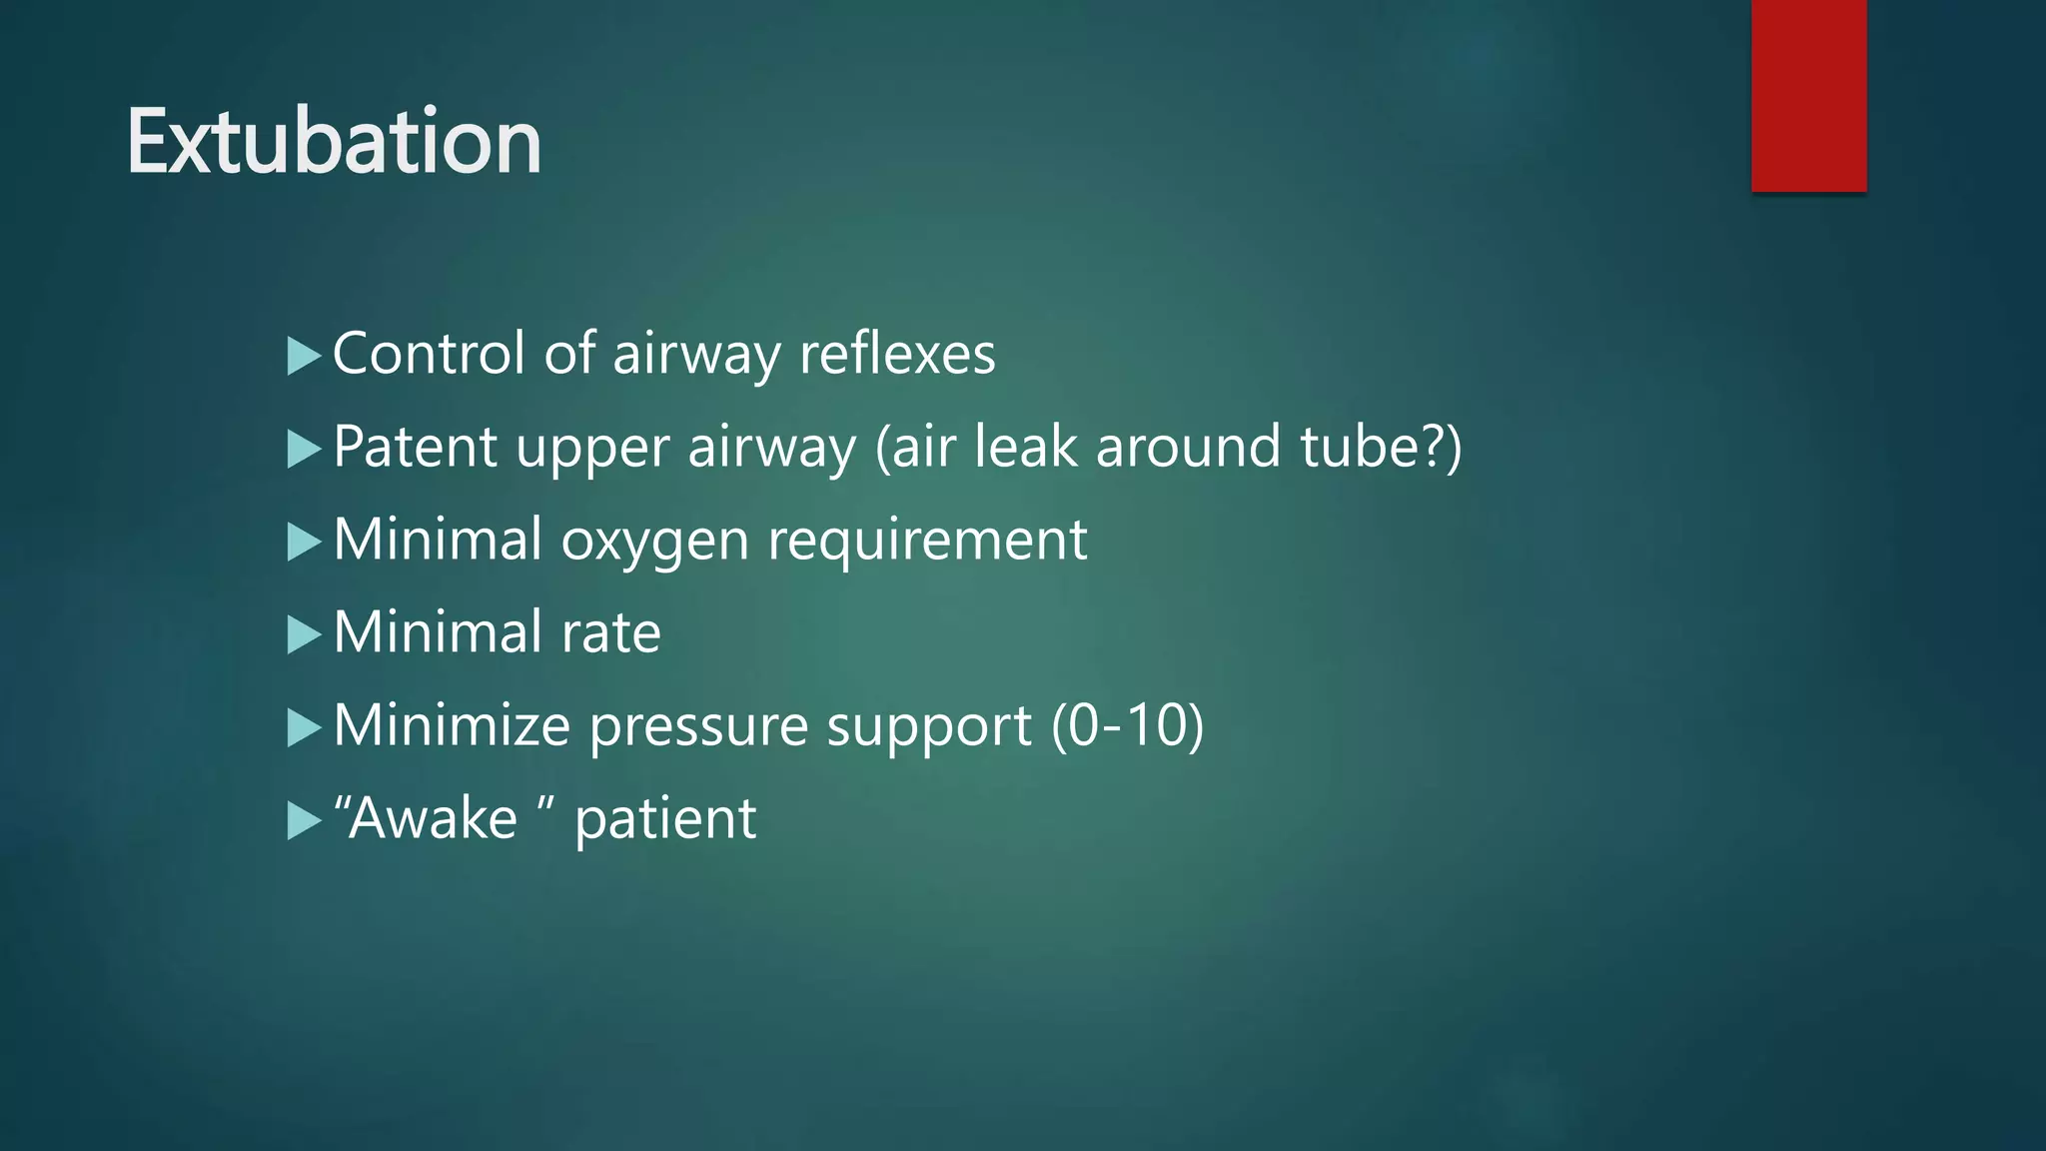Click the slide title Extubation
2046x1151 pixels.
[334, 142]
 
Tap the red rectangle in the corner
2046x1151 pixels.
[1808, 95]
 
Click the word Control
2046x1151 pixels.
[429, 354]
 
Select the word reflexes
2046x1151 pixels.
[897, 354]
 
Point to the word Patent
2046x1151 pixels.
[415, 447]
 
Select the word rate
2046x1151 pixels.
[610, 632]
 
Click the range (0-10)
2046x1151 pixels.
[1127, 725]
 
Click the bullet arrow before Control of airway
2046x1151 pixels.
[303, 356]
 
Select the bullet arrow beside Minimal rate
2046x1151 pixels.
[303, 634]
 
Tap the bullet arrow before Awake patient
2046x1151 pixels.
[303, 820]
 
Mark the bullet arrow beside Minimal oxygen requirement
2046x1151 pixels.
[303, 542]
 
